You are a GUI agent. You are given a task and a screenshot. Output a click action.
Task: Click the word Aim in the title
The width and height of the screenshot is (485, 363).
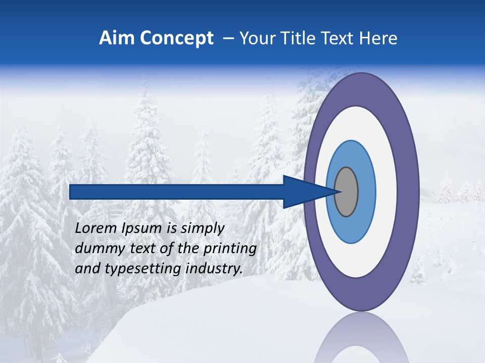116,38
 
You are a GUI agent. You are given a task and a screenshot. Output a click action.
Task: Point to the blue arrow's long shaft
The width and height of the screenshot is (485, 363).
177,192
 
